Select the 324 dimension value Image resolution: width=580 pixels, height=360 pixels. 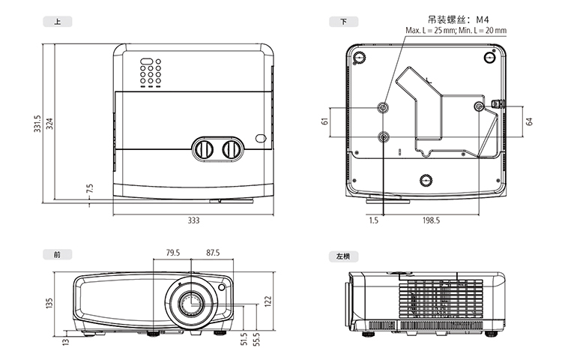click(50, 123)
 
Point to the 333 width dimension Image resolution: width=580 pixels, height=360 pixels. click(193, 220)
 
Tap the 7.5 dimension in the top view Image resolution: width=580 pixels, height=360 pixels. click(90, 189)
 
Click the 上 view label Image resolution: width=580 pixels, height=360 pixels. click(58, 22)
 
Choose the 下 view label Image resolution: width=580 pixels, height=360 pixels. click(343, 22)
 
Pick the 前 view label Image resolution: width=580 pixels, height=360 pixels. click(58, 255)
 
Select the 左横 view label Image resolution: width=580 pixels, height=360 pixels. click(343, 256)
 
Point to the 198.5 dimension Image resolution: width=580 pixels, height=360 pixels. click(431, 220)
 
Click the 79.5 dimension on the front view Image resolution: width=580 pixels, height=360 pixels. click(173, 253)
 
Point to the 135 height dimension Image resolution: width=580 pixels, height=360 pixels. click(50, 303)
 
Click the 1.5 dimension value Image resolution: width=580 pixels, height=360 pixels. click(373, 220)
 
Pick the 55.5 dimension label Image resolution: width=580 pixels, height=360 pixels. click(256, 338)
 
